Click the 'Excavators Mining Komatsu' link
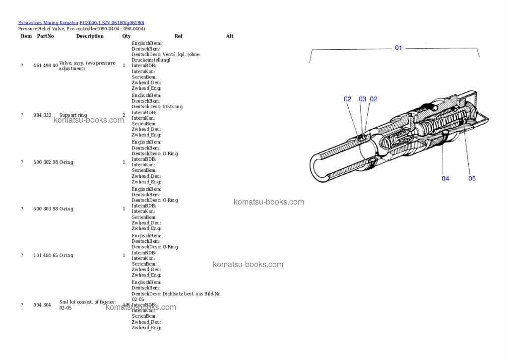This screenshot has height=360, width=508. (x=48, y=23)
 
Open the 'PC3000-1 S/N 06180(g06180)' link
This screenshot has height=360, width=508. (x=112, y=23)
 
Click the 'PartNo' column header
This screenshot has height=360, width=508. (x=46, y=36)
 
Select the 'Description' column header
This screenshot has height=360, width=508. (x=90, y=36)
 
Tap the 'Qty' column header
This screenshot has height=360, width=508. (x=126, y=36)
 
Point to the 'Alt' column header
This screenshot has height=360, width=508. (x=230, y=36)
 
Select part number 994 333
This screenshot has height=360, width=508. (x=42, y=115)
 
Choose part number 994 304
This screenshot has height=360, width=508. (x=42, y=305)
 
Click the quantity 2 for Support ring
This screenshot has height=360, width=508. (x=124, y=115)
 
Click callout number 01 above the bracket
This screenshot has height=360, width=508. (x=398, y=48)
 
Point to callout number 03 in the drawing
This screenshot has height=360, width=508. (x=363, y=99)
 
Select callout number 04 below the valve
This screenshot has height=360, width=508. (x=445, y=179)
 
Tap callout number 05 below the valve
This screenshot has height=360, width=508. (x=472, y=179)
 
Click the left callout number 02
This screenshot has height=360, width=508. (x=348, y=99)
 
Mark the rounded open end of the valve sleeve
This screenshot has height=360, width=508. (x=317, y=167)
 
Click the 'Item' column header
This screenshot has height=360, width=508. (x=26, y=36)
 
